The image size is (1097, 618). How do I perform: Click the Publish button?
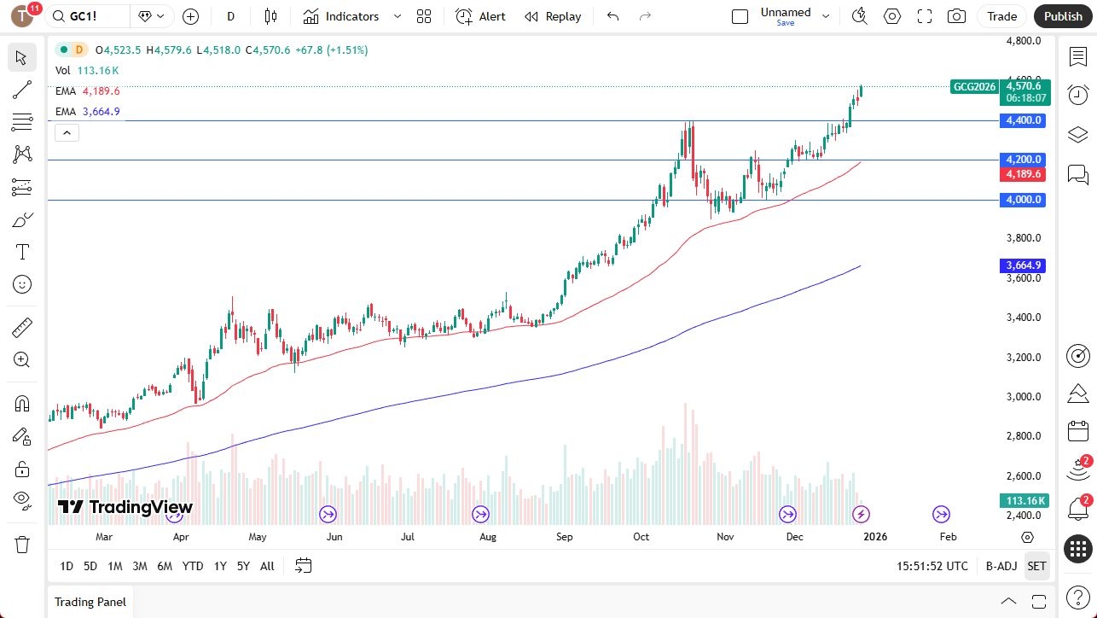pyautogui.click(x=1063, y=16)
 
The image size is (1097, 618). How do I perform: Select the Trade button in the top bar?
pyautogui.click(x=1002, y=16)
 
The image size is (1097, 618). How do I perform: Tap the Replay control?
pyautogui.click(x=553, y=16)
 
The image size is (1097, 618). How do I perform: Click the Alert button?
pyautogui.click(x=480, y=16)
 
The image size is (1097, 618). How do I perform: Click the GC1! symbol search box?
pyautogui.click(x=89, y=16)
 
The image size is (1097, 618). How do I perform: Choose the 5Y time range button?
pyautogui.click(x=243, y=566)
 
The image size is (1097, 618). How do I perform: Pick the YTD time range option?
pyautogui.click(x=193, y=566)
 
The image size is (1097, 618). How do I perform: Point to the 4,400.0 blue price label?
pyautogui.click(x=1023, y=120)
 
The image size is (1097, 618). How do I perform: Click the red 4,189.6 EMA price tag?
pyautogui.click(x=1023, y=174)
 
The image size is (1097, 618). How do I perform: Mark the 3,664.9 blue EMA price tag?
pyautogui.click(x=1023, y=265)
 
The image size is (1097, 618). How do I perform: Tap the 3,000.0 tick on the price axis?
pyautogui.click(x=1023, y=397)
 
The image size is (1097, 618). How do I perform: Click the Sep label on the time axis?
pyautogui.click(x=564, y=537)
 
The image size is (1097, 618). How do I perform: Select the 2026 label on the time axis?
pyautogui.click(x=875, y=537)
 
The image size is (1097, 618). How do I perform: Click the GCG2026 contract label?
pyautogui.click(x=974, y=86)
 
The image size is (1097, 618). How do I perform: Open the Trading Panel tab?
pyautogui.click(x=90, y=602)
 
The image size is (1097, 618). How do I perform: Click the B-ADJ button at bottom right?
pyautogui.click(x=1001, y=566)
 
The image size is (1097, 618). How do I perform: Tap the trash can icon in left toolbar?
pyautogui.click(x=22, y=545)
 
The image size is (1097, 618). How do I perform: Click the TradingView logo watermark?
pyautogui.click(x=125, y=507)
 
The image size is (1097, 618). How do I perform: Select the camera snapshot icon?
pyautogui.click(x=957, y=16)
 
